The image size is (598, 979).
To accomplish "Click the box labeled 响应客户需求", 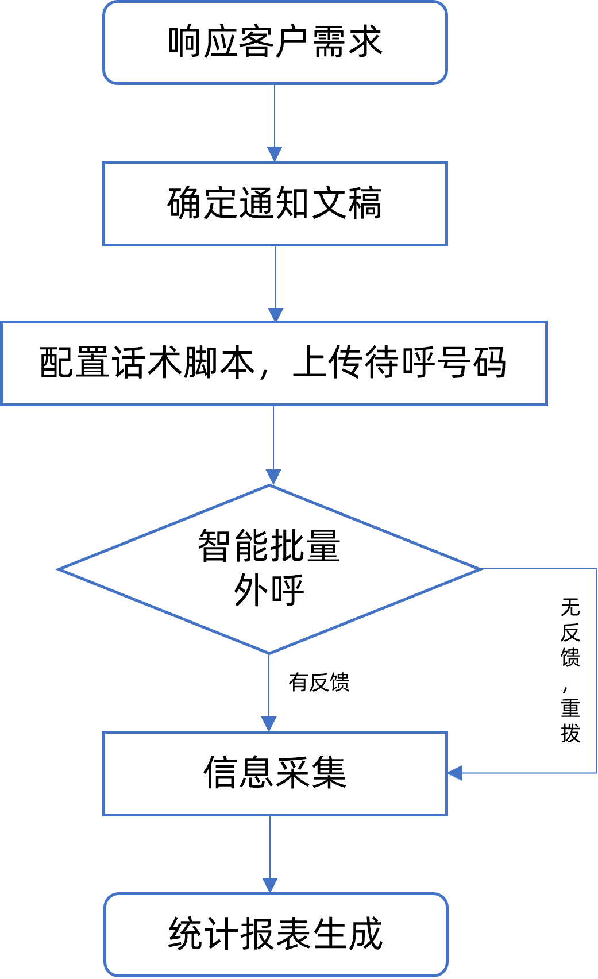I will [x=275, y=43].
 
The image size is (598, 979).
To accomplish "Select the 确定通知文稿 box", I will [x=275, y=203].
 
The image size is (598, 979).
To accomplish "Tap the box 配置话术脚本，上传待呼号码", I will [x=273, y=363].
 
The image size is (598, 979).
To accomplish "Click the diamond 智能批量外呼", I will [x=269, y=569].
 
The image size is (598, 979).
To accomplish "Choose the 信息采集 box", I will [x=275, y=773].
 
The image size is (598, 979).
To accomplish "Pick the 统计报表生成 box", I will [x=275, y=934].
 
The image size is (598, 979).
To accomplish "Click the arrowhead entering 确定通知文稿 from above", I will [x=275, y=154].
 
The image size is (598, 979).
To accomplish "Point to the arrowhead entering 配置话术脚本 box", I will [x=276, y=314].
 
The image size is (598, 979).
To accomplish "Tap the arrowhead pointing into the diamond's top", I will [x=273, y=477].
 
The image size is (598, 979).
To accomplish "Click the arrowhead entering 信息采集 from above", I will [x=269, y=724].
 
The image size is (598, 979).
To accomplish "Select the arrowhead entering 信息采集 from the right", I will [x=455, y=773].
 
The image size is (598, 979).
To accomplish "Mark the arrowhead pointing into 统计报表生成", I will [x=270, y=885].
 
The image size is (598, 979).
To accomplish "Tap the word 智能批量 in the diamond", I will [x=269, y=546].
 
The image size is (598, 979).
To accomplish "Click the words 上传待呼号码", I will [x=399, y=363].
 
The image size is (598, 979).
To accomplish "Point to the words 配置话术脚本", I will [x=147, y=363].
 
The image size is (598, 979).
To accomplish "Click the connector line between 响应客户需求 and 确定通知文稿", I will [x=275, y=118].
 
